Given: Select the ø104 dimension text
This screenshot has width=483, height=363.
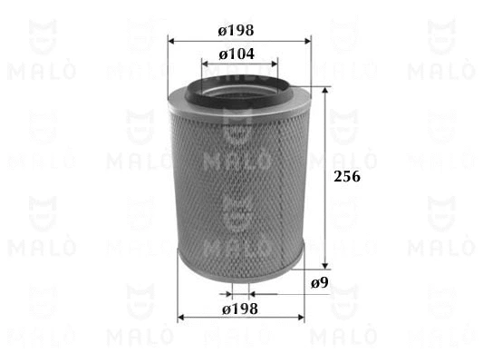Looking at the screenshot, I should [241, 54].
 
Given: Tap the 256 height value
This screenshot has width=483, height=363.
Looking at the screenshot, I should [348, 179].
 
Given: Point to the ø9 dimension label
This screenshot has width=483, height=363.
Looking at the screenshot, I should [318, 284].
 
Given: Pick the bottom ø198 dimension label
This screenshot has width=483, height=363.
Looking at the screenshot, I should [241, 309].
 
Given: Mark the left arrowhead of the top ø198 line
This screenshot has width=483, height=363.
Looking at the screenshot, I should [172, 40].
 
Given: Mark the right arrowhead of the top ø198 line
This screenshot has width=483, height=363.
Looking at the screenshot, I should [310, 40].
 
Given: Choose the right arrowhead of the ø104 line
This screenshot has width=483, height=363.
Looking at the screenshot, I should [275, 64].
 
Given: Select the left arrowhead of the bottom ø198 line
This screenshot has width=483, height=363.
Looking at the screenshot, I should [179, 318].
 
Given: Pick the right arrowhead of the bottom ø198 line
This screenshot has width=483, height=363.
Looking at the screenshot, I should [305, 318].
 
